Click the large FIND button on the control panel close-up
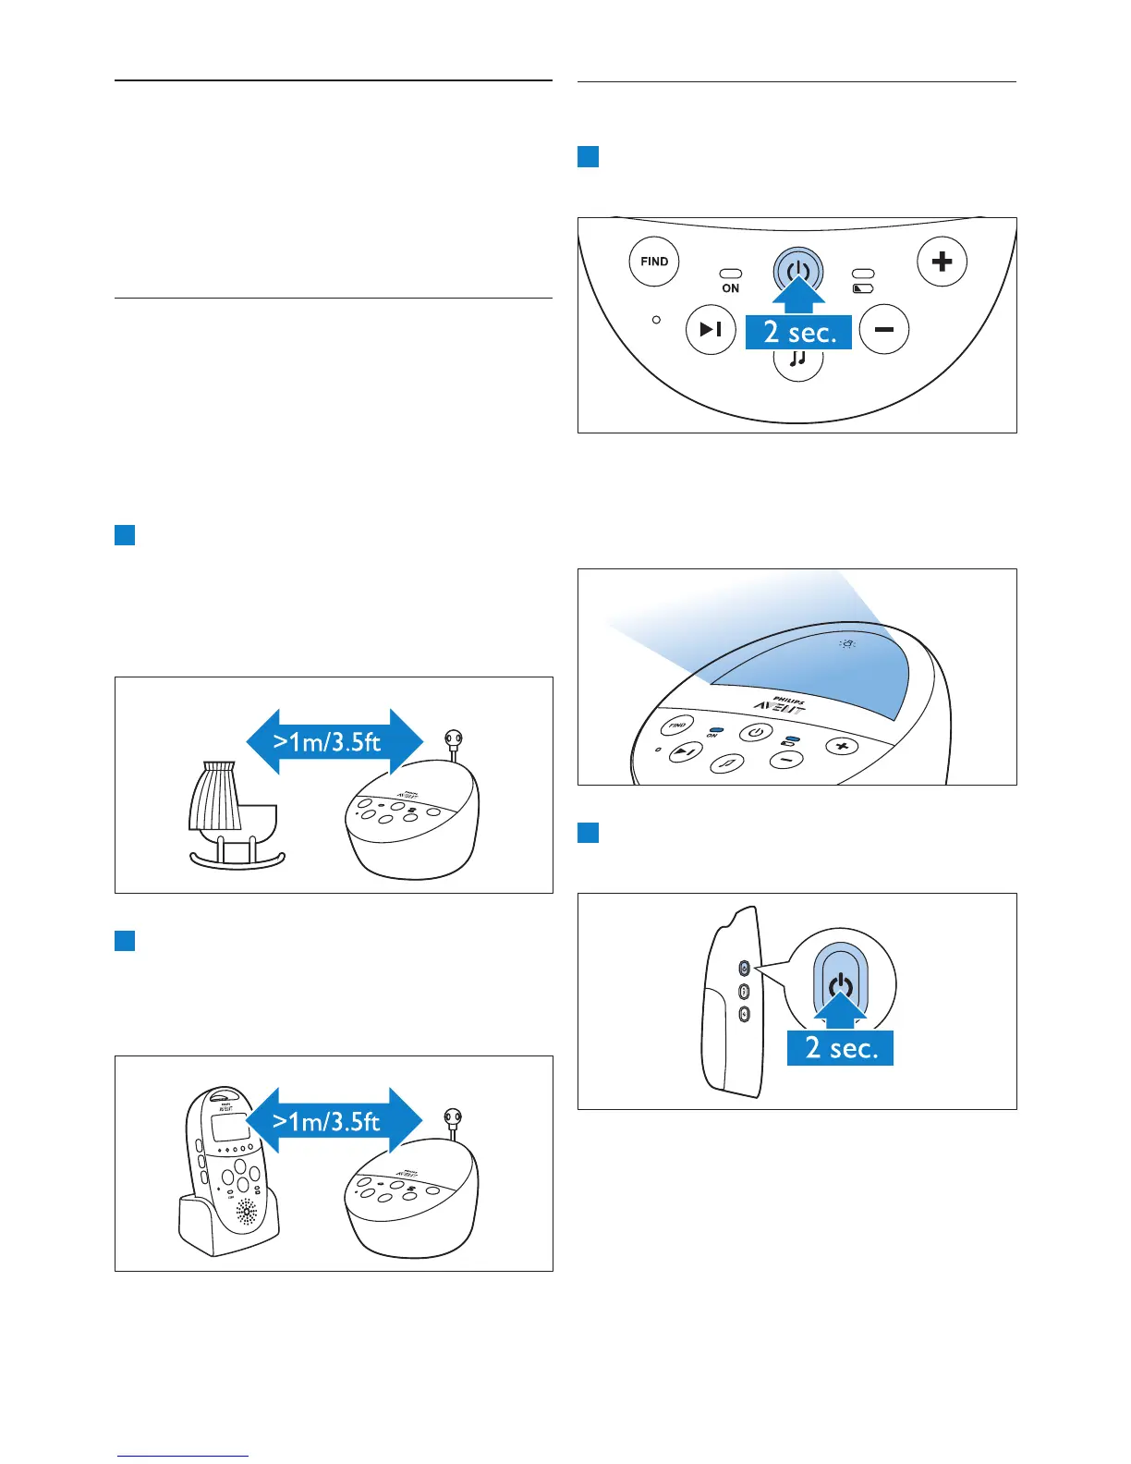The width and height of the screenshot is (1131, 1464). click(654, 262)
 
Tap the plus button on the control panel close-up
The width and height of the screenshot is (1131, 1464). click(942, 262)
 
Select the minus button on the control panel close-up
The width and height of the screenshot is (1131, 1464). click(884, 329)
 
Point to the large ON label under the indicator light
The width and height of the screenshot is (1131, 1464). click(730, 288)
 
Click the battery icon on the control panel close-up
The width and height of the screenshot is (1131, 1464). click(862, 288)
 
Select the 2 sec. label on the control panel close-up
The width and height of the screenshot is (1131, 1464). click(799, 332)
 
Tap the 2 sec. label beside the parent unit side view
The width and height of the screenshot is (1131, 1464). click(840, 1047)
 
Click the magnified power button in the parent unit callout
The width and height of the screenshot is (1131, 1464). click(840, 983)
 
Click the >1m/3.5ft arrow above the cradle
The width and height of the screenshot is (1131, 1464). click(334, 741)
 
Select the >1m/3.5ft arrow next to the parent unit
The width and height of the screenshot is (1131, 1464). click(334, 1121)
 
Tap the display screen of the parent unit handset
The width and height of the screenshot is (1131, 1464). click(230, 1128)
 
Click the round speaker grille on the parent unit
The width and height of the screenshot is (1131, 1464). click(247, 1213)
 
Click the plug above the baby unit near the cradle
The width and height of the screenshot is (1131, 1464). click(453, 740)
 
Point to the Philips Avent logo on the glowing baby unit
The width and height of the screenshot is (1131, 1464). click(779, 704)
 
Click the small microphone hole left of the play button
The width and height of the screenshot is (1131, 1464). click(656, 320)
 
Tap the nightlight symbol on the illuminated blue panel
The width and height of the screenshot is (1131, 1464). click(847, 644)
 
